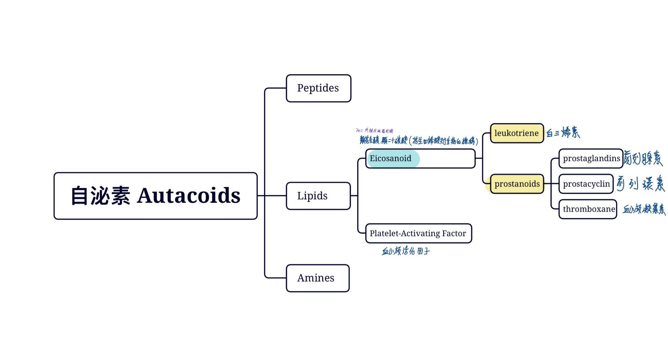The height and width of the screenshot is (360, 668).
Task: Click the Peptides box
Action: [x=318, y=88]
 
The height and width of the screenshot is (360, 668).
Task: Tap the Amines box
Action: [x=317, y=278]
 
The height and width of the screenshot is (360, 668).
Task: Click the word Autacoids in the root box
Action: [x=188, y=196]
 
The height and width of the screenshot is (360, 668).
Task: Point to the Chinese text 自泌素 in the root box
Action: [x=100, y=196]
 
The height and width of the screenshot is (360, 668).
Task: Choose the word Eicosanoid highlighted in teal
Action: [x=390, y=158]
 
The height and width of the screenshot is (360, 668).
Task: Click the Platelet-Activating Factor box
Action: [x=418, y=233]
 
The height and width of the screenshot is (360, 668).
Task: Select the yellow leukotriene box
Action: [x=517, y=133]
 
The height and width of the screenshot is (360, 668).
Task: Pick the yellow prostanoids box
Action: [x=517, y=184]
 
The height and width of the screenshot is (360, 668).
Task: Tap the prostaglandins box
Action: [x=591, y=158]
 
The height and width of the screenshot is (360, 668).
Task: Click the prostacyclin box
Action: [x=586, y=184]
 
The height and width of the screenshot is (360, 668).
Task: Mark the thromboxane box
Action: [x=588, y=209]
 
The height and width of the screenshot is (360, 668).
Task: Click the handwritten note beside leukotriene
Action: [x=563, y=132]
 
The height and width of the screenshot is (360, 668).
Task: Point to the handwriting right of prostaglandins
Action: [x=643, y=158]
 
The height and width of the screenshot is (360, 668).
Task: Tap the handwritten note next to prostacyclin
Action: [x=640, y=184]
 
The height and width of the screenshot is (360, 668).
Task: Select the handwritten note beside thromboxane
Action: [x=644, y=209]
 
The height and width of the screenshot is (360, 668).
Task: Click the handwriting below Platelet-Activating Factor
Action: [x=406, y=251]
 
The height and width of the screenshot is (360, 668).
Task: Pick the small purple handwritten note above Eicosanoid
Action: [x=374, y=130]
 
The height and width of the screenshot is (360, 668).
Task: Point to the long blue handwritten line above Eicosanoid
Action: [x=419, y=140]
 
